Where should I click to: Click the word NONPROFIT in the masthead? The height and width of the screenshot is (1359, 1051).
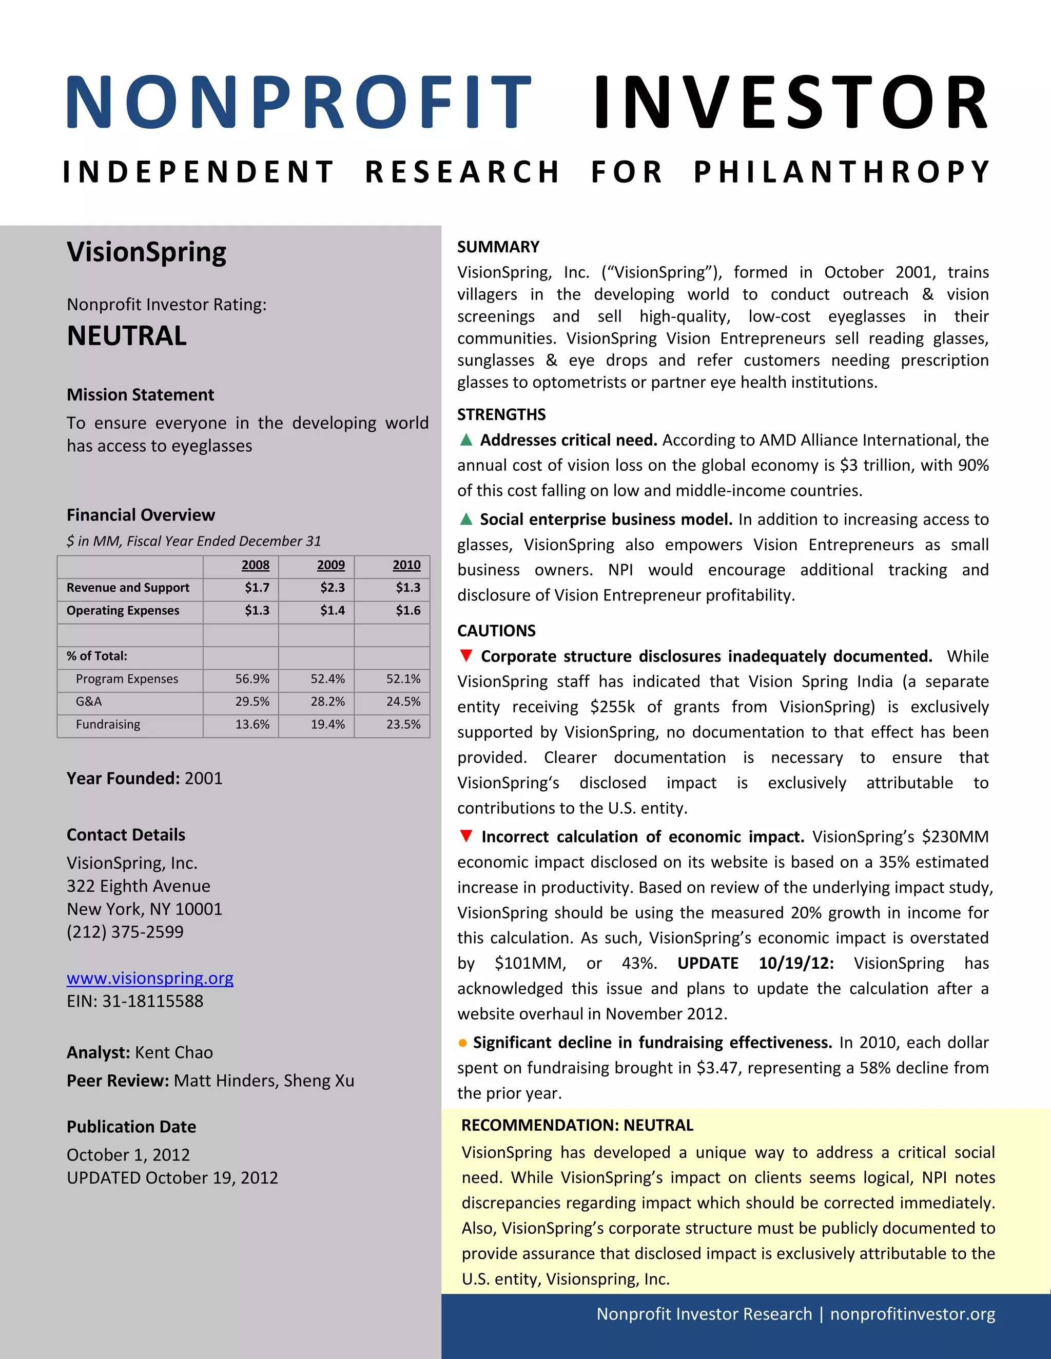tap(298, 102)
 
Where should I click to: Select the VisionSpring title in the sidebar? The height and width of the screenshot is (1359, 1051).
tap(146, 252)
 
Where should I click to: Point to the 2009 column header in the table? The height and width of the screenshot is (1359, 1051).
tap(330, 565)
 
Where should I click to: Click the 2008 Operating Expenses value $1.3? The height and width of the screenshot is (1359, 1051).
tap(257, 610)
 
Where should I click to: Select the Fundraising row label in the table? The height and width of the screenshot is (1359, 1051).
tap(108, 724)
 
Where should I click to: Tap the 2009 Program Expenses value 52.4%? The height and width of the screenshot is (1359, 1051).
tap(327, 679)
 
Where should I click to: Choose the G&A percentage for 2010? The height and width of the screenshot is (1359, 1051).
tap(403, 701)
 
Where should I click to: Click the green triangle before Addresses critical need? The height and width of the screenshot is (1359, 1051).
tap(466, 440)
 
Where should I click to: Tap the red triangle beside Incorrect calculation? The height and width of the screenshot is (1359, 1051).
tap(466, 836)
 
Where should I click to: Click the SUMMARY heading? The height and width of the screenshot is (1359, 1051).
tap(498, 247)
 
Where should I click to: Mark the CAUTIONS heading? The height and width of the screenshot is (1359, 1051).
tap(496, 631)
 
